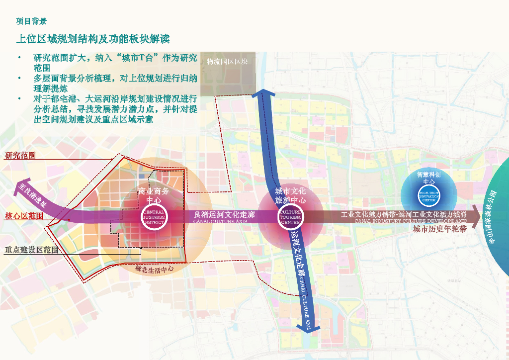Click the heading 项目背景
coord(31,21)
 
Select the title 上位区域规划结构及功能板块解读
coord(93,39)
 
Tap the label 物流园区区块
coord(227,62)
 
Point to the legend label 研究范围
coord(20,156)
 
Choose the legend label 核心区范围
coord(24,216)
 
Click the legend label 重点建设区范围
coord(31,250)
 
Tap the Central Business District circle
coord(154,217)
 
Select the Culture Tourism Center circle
coord(290,217)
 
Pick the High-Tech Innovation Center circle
coord(428,196)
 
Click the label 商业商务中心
coord(154,195)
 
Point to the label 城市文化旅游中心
coord(290,195)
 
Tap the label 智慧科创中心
coord(428,178)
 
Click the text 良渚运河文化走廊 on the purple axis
coord(224,215)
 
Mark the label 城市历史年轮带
coord(440,230)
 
